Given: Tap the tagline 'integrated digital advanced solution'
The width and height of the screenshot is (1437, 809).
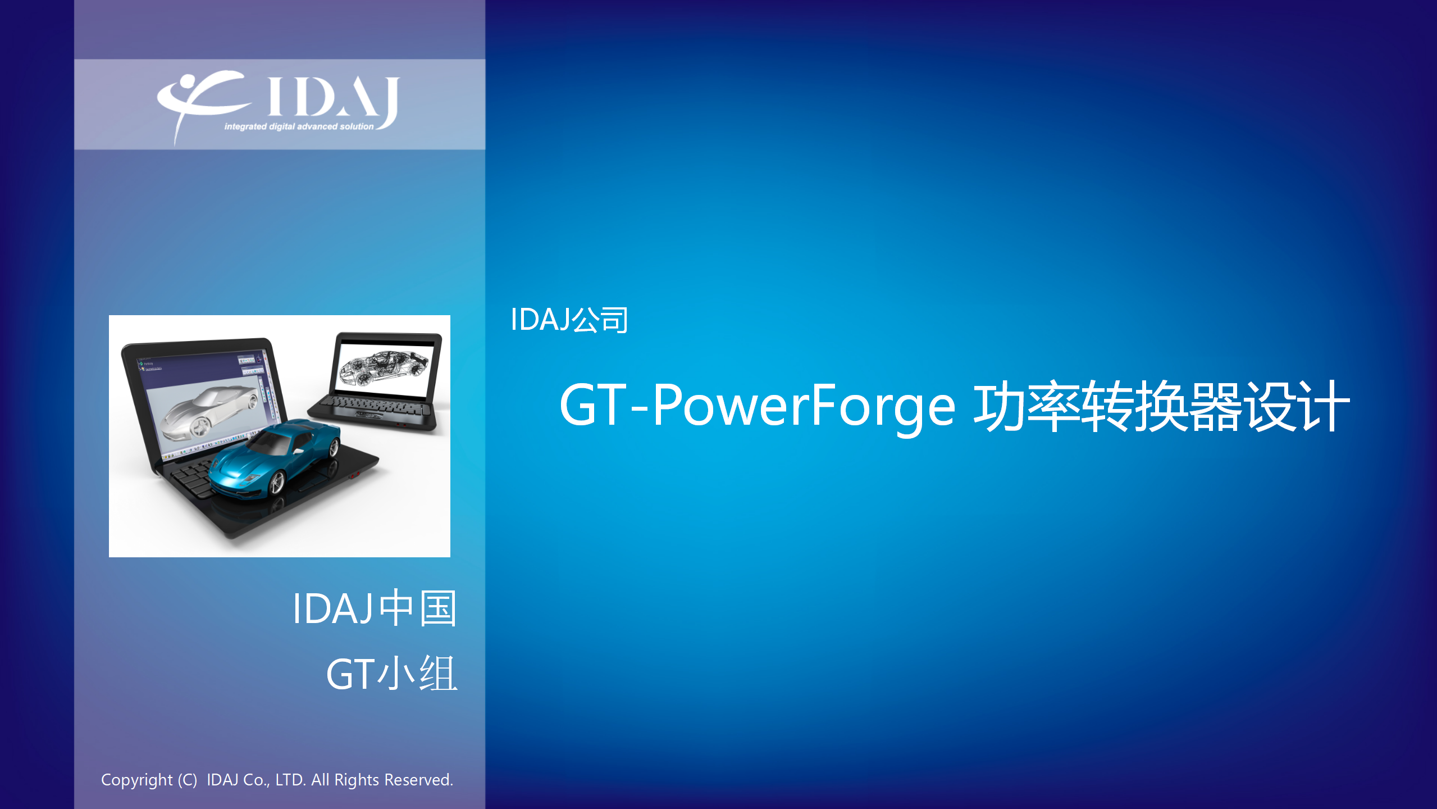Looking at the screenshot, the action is point(299,126).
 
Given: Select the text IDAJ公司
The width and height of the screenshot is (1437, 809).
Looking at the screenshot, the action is point(569,320).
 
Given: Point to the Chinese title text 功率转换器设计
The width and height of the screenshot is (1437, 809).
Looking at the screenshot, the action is point(1162,406).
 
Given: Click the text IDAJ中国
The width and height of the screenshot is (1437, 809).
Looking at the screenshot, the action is point(375,608).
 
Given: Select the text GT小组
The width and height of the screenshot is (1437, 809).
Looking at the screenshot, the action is point(392,674).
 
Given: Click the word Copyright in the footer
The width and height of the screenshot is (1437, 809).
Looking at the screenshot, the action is point(136,780).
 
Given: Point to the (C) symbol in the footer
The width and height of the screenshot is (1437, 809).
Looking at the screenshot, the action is point(188,780).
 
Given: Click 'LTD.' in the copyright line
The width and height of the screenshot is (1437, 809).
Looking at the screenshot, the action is point(290,780).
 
